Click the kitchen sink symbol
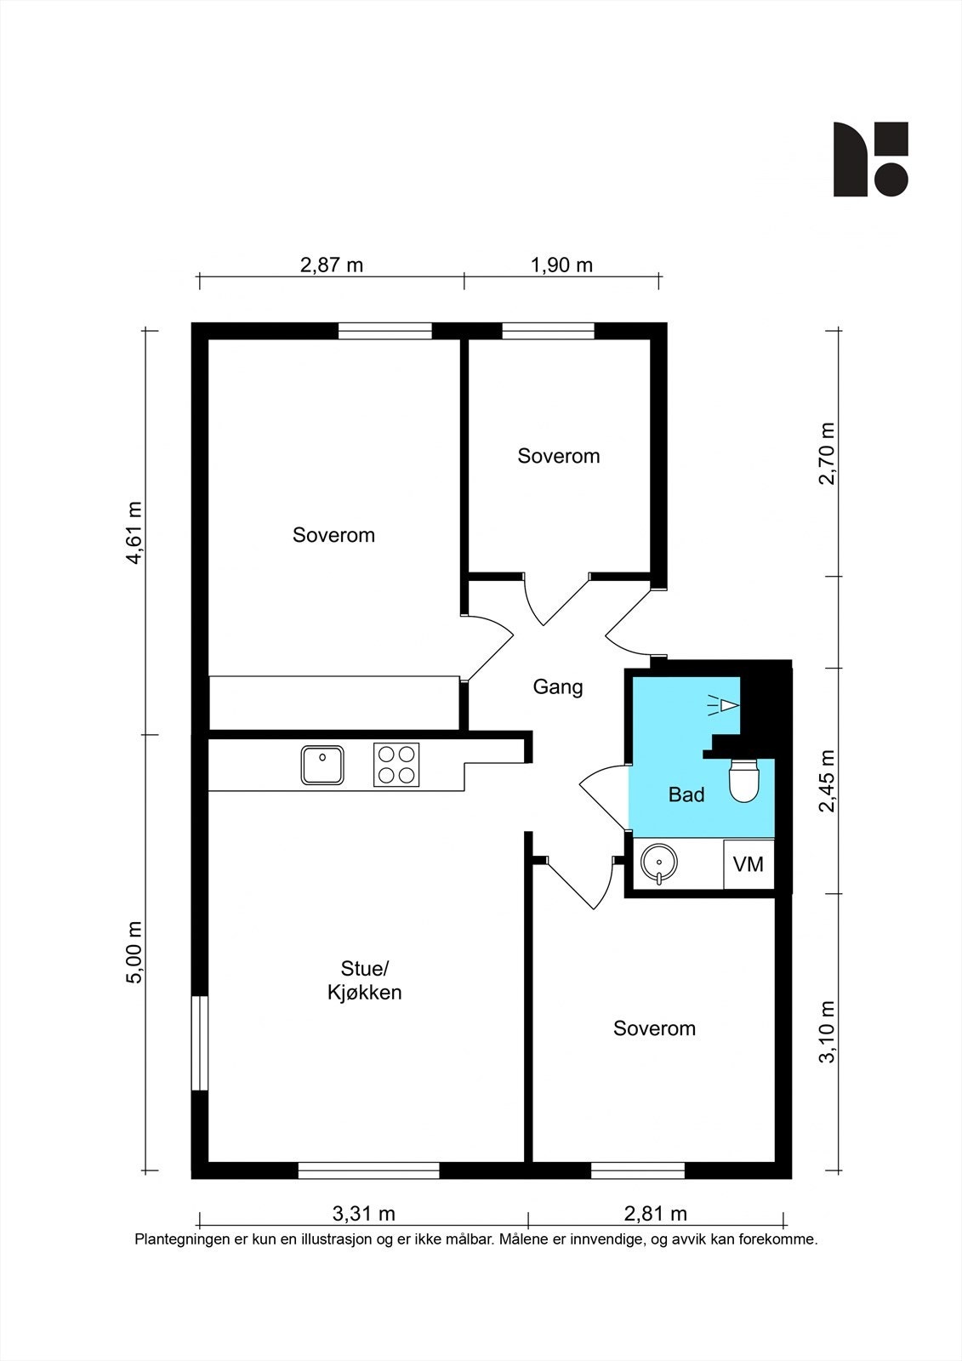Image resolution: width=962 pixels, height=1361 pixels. click(322, 765)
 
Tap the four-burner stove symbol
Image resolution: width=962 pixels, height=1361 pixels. click(396, 765)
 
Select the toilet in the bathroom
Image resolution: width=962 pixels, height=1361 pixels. click(745, 781)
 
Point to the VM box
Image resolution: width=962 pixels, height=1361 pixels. click(749, 864)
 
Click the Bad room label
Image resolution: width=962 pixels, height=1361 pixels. click(686, 794)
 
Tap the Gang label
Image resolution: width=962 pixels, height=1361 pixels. click(558, 686)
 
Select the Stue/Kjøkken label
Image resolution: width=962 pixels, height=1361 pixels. click(365, 980)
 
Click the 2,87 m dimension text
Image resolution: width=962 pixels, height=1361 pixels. click(332, 265)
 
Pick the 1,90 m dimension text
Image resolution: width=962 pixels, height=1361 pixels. click(561, 265)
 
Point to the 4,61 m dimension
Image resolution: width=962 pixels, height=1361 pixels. click(134, 533)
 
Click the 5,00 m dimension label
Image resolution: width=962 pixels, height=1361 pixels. click(134, 953)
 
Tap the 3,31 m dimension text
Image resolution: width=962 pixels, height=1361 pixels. click(363, 1213)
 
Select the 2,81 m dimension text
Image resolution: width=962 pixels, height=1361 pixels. click(655, 1213)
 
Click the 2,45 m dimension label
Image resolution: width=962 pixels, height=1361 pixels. click(827, 781)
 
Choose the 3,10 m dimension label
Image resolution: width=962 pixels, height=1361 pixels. click(827, 1032)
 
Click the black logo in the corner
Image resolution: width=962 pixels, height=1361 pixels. click(870, 159)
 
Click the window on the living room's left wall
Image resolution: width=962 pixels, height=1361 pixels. click(199, 1043)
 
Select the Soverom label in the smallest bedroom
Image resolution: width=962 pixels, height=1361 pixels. click(559, 456)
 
